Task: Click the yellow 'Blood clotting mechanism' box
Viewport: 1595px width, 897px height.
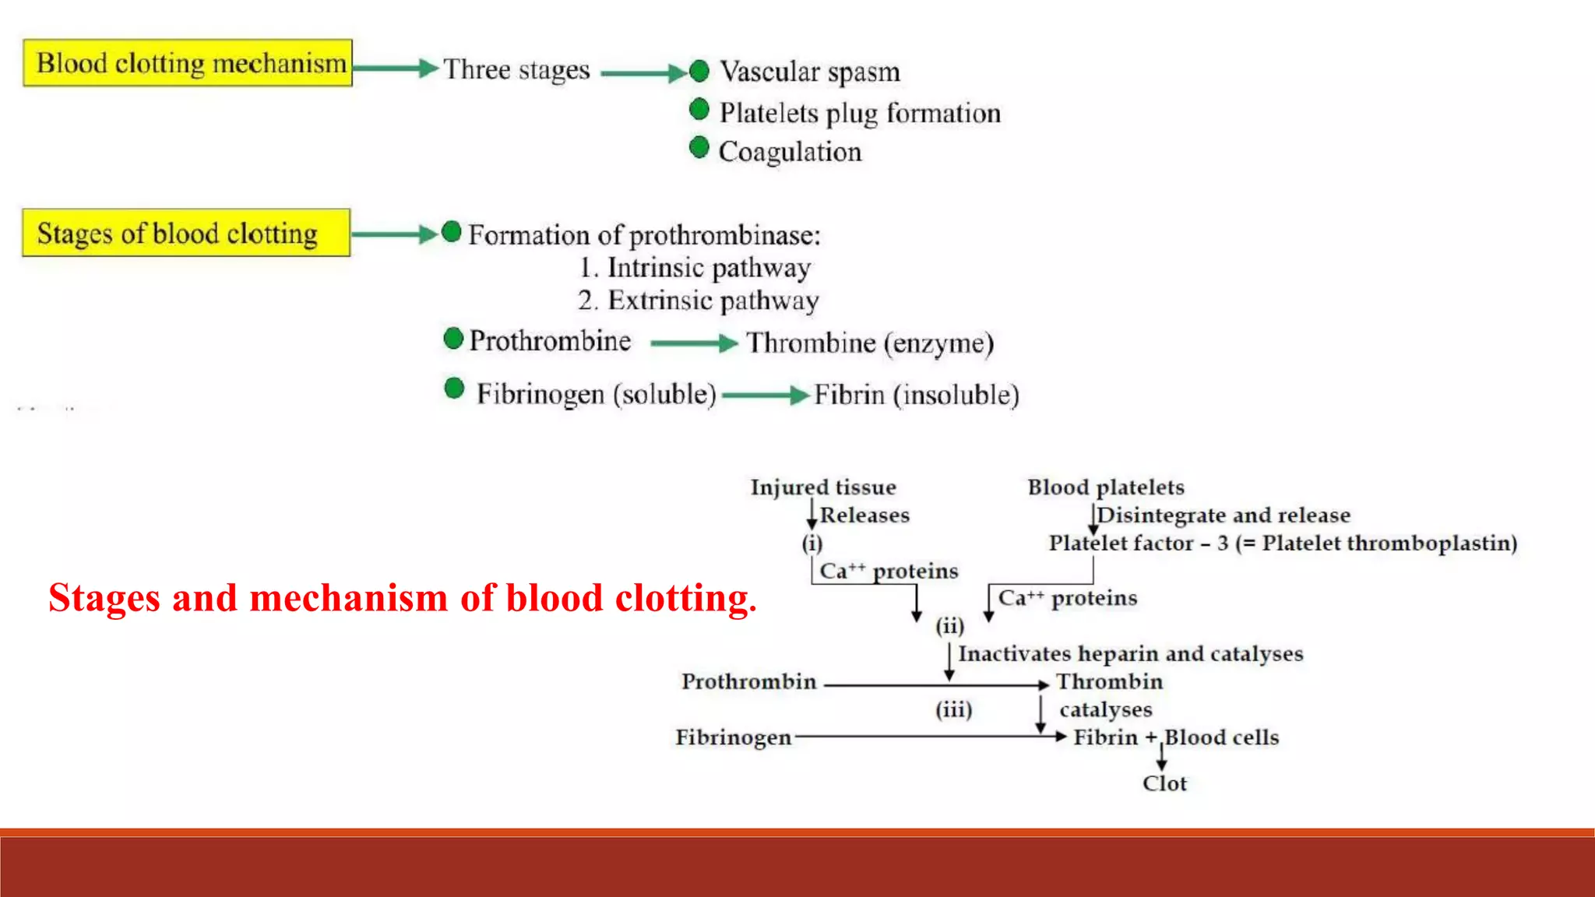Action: point(188,63)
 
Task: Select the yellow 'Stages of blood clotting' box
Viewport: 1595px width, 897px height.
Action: point(186,233)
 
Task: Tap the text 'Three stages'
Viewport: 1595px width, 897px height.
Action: point(517,69)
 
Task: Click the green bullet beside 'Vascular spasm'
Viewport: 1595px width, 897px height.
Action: point(699,71)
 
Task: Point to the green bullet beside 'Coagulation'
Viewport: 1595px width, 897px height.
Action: point(699,147)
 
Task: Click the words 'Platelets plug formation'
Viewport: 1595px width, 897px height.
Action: point(860,114)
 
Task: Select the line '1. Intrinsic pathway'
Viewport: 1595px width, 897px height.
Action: point(695,268)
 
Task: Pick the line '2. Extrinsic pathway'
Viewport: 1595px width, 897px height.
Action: point(698,301)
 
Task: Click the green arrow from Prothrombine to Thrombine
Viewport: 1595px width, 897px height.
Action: point(693,343)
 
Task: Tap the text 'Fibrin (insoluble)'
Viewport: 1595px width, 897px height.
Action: point(917,395)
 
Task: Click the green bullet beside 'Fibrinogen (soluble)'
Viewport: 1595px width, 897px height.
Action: point(454,389)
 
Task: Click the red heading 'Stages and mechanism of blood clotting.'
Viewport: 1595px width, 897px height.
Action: point(402,598)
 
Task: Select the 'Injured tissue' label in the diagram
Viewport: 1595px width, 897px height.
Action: point(823,487)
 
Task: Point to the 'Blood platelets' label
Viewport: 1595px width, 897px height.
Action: point(1106,487)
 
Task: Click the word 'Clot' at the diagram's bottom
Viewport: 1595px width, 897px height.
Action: point(1164,783)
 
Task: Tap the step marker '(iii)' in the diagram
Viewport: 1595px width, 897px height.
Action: point(953,709)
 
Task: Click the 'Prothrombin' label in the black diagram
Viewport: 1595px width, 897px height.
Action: point(748,681)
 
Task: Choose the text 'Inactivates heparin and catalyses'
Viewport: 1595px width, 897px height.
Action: point(1130,653)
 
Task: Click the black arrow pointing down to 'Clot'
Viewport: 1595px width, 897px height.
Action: point(1161,758)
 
